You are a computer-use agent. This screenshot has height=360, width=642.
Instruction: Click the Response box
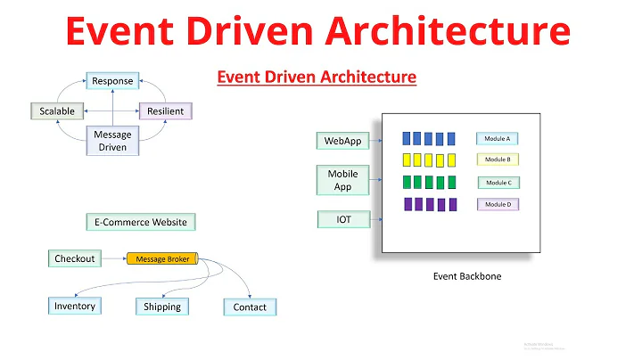click(x=112, y=81)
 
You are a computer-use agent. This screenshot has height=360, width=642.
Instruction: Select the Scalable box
click(x=57, y=111)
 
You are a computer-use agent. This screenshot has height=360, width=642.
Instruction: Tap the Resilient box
click(x=165, y=111)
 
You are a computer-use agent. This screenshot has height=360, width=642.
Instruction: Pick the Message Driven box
click(x=112, y=141)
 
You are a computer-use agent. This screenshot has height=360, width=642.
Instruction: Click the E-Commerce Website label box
click(x=141, y=222)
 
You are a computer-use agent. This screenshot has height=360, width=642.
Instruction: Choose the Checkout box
click(x=74, y=258)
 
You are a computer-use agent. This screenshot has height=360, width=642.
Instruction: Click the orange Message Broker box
click(x=162, y=259)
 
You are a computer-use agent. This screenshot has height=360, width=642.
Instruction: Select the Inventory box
click(x=74, y=307)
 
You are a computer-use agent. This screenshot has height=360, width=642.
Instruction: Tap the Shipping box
click(x=162, y=307)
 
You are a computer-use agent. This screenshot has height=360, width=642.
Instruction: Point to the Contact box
click(x=250, y=307)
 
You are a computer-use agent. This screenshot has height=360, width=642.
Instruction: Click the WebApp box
click(x=342, y=141)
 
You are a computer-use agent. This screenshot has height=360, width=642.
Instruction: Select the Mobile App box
click(x=342, y=180)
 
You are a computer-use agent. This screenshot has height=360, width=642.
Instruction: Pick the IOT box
click(x=343, y=219)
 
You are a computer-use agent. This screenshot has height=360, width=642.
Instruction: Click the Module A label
click(x=498, y=139)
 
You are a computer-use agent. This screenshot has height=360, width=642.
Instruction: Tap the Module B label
click(x=498, y=160)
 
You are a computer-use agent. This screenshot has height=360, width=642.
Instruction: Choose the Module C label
click(x=498, y=183)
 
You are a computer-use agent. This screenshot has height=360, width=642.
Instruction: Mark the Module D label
click(x=498, y=205)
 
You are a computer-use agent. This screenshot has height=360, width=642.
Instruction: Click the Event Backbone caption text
click(x=467, y=276)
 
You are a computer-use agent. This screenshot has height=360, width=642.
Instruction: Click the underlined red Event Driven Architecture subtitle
click(x=317, y=78)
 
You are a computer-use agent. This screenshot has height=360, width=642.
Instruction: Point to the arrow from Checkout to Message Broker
click(x=112, y=259)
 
